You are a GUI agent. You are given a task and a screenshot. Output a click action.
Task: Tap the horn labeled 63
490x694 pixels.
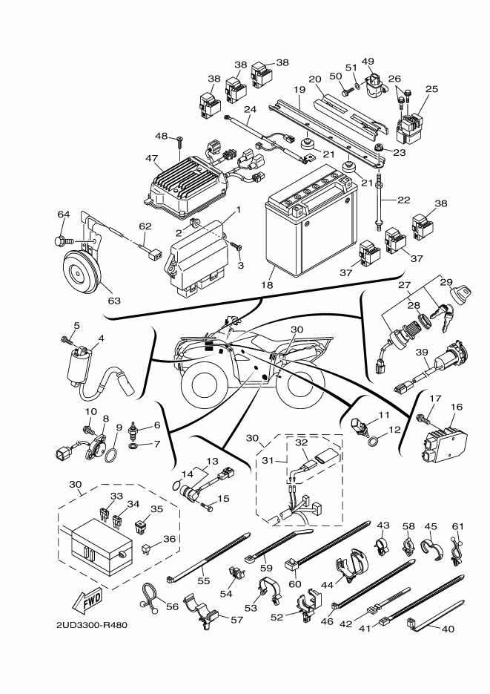pyautogui.click(x=82, y=275)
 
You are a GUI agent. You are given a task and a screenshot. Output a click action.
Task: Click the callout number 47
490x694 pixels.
pyautogui.click(x=151, y=158)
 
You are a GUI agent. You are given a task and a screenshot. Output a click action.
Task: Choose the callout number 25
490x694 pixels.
pyautogui.click(x=431, y=89)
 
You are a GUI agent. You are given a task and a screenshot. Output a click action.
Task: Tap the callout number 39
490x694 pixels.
pyautogui.click(x=422, y=353)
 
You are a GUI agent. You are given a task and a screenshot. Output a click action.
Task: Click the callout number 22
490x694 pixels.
pyautogui.click(x=403, y=200)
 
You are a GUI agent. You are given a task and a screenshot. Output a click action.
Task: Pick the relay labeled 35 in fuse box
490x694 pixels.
pyautogui.click(x=141, y=526)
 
